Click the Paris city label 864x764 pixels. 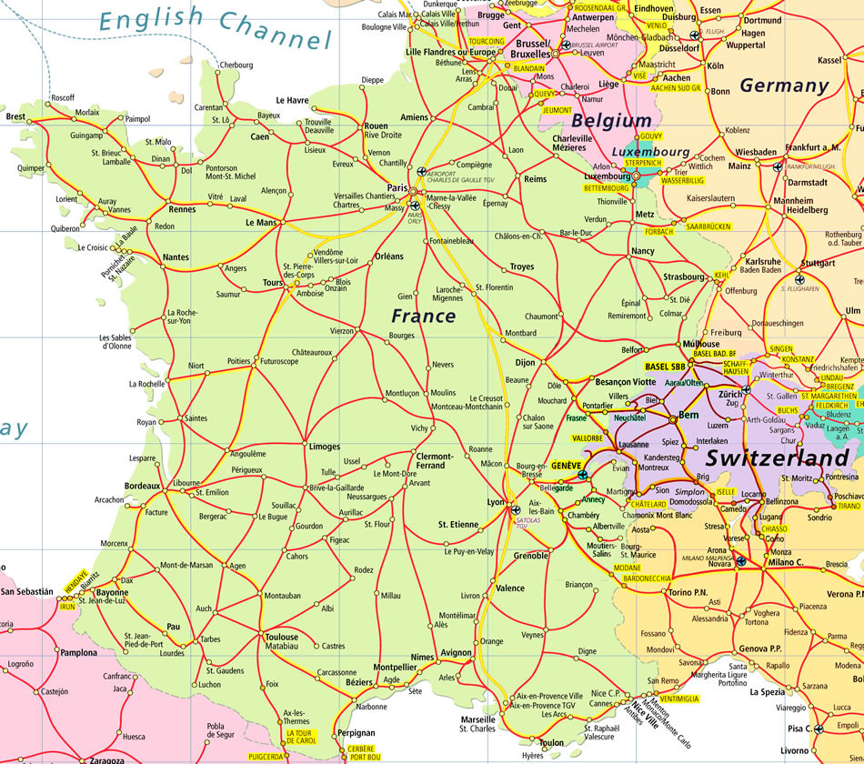pos(397,187)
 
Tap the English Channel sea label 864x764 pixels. pos(216,27)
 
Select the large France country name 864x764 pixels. pos(423,316)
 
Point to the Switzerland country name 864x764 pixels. pos(778,457)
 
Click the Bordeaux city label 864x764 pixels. pos(142,487)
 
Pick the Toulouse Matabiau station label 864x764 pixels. pos(281,642)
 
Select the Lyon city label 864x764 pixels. pos(496,502)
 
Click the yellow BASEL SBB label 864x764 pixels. pos(665,367)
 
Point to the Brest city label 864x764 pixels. pos(15,116)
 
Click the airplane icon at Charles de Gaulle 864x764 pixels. pos(420,171)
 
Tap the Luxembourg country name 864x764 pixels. pos(649,151)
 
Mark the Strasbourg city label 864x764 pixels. pos(684,276)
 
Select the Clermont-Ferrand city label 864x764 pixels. pos(430,460)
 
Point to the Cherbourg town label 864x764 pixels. pos(236,65)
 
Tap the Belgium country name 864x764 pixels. pos(611,120)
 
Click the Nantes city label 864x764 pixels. pos(176,257)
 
